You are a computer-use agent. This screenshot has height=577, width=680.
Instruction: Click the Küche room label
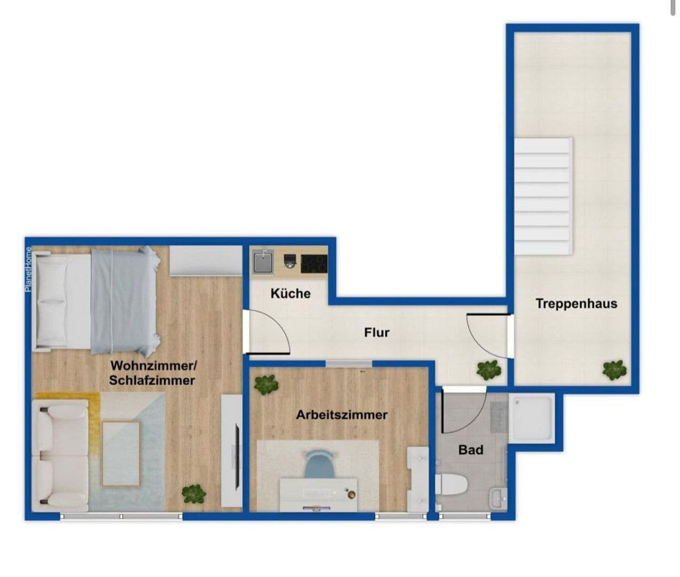[x=290, y=293]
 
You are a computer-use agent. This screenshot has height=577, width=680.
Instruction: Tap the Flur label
[x=377, y=332]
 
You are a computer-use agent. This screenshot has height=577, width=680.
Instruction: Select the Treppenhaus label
[x=576, y=303]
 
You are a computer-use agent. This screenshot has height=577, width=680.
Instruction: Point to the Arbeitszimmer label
[x=342, y=415]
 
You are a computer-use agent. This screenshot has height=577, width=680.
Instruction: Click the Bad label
[x=471, y=450]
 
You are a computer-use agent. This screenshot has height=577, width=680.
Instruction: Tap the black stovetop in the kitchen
[x=314, y=263]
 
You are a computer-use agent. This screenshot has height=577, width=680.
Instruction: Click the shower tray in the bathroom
[x=532, y=418]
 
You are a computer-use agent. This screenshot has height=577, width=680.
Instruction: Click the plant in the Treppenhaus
[x=614, y=370]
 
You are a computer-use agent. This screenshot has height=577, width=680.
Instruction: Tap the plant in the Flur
[x=489, y=369]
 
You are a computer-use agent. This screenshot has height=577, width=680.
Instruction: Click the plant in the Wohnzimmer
[x=193, y=493]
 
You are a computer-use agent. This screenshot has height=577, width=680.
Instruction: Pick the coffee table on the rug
[x=121, y=453]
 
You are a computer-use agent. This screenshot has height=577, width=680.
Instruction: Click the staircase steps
[x=543, y=196]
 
